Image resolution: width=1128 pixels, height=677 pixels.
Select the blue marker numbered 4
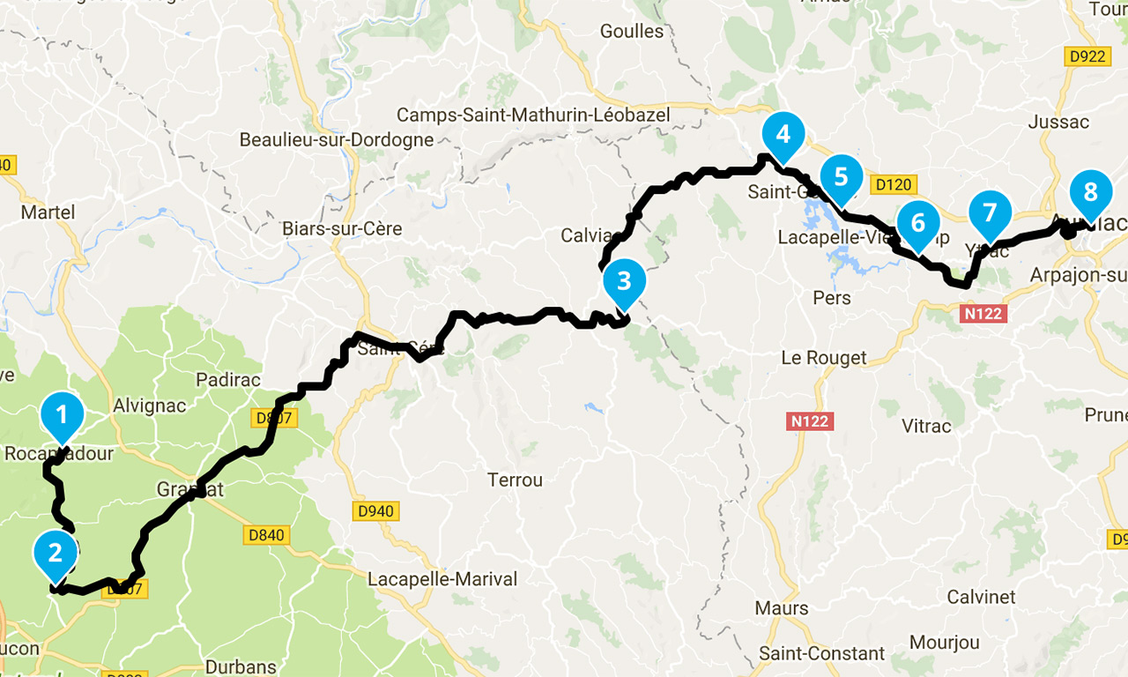click(x=783, y=134)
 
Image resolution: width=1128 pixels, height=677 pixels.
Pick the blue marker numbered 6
click(x=918, y=222)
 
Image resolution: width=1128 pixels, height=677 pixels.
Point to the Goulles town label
click(x=631, y=31)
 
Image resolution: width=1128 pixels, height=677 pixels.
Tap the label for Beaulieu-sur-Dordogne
click(x=337, y=140)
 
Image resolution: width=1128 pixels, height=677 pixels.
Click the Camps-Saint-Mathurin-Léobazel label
click(x=533, y=115)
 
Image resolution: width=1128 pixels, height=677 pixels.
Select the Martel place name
click(x=48, y=212)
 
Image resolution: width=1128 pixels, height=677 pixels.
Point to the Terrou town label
click(x=515, y=480)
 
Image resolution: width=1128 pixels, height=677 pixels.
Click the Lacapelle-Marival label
click(x=442, y=579)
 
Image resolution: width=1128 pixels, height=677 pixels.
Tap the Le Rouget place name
click(x=824, y=358)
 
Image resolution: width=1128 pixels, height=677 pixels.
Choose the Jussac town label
click(x=1059, y=123)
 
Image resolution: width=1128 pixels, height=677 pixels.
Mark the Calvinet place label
click(x=981, y=597)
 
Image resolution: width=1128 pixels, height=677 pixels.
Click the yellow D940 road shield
click(x=376, y=511)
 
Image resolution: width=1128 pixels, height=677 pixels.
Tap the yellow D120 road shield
click(x=894, y=185)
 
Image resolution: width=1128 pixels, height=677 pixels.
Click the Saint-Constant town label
click(x=822, y=654)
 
